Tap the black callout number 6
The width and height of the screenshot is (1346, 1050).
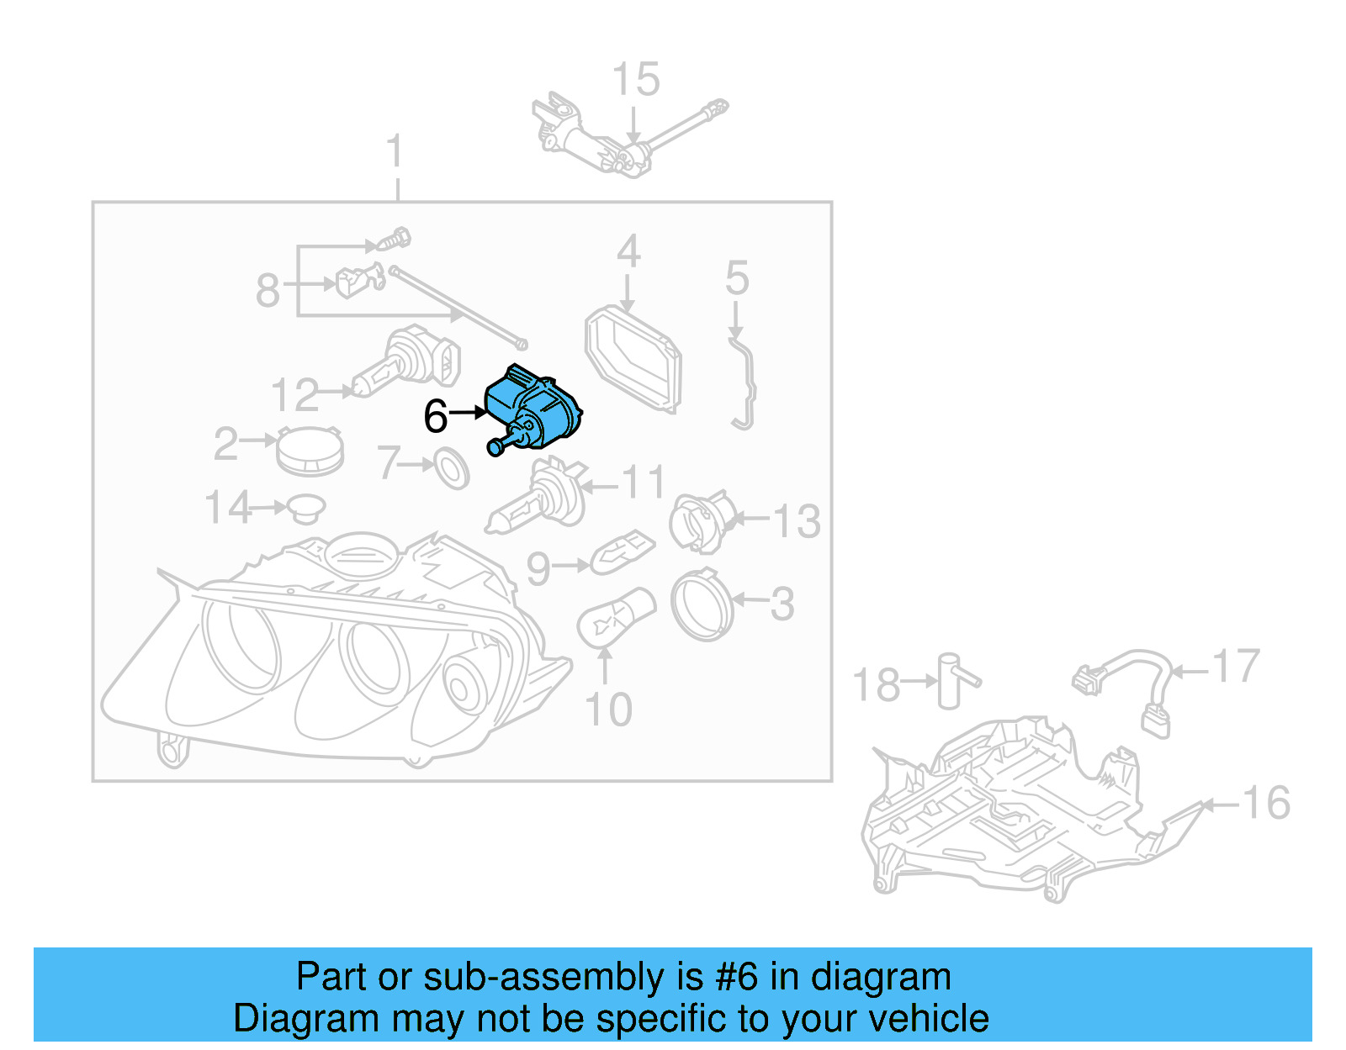(436, 416)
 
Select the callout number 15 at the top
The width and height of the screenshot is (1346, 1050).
(636, 81)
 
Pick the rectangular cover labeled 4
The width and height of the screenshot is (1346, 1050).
(633, 360)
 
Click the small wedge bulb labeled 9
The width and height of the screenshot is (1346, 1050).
(622, 552)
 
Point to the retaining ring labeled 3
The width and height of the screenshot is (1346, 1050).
(702, 604)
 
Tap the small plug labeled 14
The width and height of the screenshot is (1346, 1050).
(305, 508)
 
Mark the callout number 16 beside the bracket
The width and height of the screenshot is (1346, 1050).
(1266, 803)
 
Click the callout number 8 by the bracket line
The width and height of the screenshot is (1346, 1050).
(268, 291)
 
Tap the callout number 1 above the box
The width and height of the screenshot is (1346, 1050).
(395, 152)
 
